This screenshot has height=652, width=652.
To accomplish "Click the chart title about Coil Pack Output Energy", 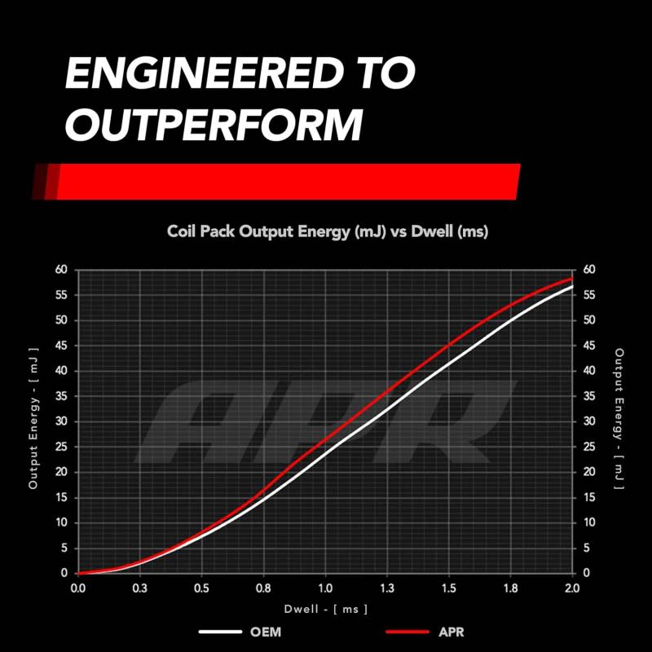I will [x=328, y=232].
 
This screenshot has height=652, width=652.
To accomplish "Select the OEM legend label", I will [x=267, y=632].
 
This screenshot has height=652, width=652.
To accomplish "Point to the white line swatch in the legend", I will [x=220, y=632].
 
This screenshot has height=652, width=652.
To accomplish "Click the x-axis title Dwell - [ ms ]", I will [x=326, y=609].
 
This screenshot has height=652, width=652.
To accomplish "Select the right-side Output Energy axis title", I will [x=619, y=421].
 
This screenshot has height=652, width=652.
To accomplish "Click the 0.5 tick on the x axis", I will [x=201, y=588].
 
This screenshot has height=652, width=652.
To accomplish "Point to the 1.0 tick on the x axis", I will [x=325, y=588].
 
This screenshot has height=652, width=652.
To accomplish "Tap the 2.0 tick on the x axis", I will [x=571, y=588].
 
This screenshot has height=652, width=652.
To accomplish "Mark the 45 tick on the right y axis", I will [x=589, y=346].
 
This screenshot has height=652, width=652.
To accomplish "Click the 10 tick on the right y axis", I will [x=589, y=522].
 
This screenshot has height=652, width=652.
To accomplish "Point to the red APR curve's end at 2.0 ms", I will [x=571, y=279].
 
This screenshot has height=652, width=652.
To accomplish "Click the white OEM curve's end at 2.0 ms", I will [x=571, y=287].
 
